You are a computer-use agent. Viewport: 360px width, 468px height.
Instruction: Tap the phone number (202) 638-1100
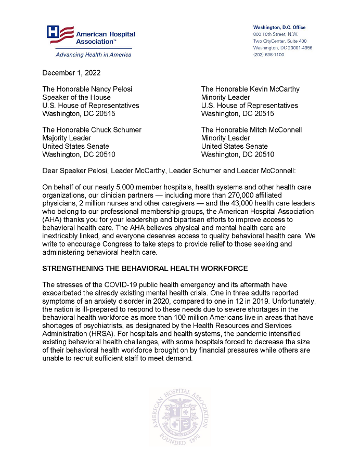(x=268, y=55)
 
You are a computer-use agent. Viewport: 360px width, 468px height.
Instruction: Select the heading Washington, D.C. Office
(x=279, y=27)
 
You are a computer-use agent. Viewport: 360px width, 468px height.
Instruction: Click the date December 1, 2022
(x=71, y=73)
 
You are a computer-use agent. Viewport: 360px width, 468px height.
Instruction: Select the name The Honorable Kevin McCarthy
(x=250, y=89)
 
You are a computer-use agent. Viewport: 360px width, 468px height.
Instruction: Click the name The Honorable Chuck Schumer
(x=92, y=129)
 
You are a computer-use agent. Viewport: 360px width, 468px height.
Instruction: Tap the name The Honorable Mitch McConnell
(x=251, y=129)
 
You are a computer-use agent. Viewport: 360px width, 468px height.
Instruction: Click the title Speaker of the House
(x=76, y=97)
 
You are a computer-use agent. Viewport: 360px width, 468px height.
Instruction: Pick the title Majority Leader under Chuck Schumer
(x=67, y=138)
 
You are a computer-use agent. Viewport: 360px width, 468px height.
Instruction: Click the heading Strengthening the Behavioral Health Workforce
(x=145, y=268)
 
